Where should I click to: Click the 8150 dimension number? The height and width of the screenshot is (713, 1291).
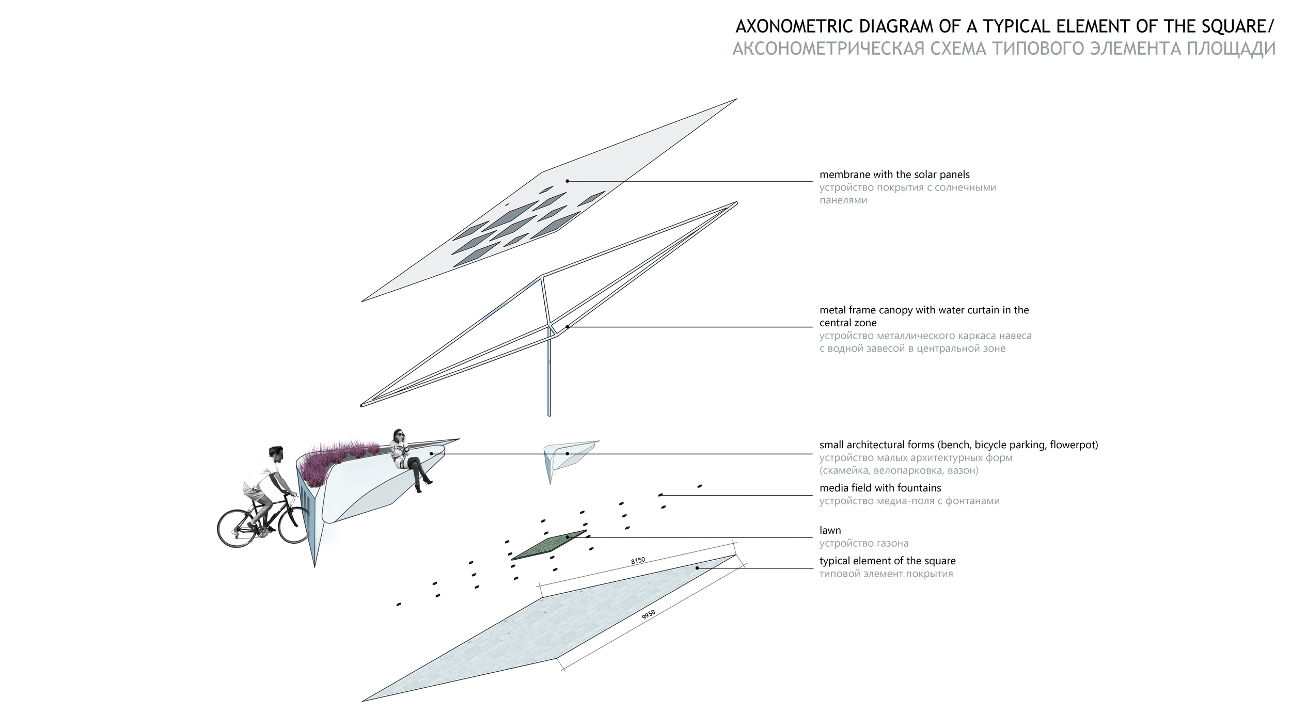point(638,560)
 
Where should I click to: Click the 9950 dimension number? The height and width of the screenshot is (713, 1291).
point(649,615)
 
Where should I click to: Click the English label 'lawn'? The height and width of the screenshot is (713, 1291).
point(830,530)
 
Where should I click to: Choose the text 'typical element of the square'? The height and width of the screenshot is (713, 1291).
point(887,561)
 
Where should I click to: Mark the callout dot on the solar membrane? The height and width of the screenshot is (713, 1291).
point(567,181)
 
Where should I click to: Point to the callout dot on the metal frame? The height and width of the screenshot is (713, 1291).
point(567,327)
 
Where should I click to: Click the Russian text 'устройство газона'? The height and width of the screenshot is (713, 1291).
point(864,543)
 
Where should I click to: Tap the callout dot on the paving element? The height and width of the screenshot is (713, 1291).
point(697,568)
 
